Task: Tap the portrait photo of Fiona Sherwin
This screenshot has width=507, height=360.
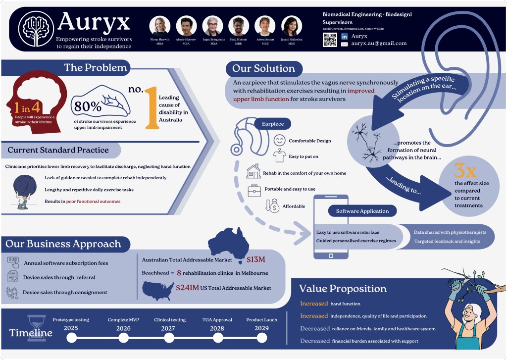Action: click(160, 26)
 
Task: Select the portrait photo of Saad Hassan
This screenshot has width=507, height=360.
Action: click(239, 26)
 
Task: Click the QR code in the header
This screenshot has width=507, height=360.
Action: click(330, 40)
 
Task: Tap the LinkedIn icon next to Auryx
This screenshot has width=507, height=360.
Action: click(345, 36)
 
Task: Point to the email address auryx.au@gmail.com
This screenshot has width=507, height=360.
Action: click(379, 44)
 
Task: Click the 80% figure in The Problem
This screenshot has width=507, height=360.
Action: click(88, 106)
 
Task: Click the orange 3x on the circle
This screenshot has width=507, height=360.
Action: click(465, 171)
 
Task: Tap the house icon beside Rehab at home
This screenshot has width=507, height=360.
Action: click(253, 171)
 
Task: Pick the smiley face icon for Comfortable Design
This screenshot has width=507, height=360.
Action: click(280, 141)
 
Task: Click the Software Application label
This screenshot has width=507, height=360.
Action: click(362, 211)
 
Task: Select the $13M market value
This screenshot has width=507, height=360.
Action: click(256, 259)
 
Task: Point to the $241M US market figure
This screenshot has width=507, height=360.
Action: click(187, 288)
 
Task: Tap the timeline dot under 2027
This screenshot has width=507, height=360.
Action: click(169, 338)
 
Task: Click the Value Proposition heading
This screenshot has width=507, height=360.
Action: click(343, 289)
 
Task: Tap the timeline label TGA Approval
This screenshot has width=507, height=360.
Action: click(217, 320)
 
